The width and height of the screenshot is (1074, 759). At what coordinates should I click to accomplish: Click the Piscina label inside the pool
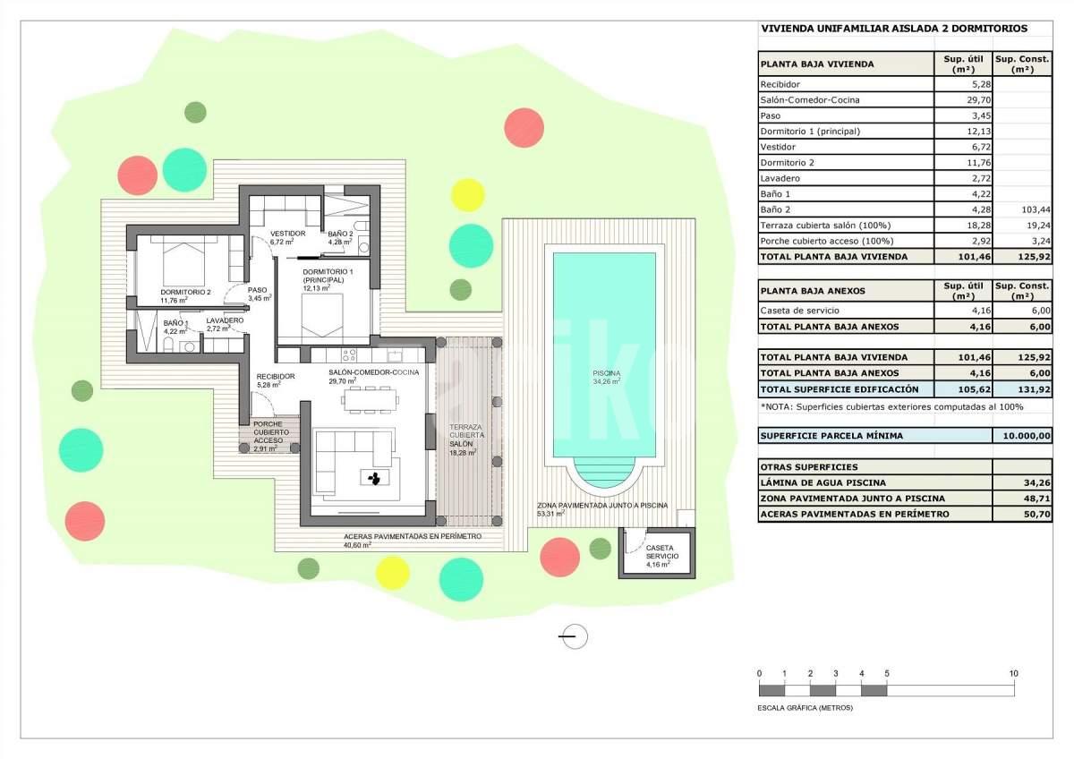coord(607,373)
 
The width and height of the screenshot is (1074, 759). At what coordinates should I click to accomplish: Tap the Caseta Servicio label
coord(662,552)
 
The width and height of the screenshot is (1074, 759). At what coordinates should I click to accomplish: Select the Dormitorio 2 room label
coord(185,292)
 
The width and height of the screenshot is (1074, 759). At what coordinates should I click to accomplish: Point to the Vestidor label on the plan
coord(287,234)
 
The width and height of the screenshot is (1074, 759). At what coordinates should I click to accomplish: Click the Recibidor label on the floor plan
coord(276,377)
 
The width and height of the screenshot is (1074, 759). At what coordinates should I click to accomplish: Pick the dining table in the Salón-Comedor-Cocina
coord(371,399)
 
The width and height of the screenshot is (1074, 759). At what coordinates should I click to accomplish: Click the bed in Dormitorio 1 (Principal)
coord(322,315)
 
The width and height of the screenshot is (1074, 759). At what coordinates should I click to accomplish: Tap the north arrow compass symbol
coord(574,636)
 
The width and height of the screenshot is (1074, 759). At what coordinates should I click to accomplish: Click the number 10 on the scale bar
coord(1013,674)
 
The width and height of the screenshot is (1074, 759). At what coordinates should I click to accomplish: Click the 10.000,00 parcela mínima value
coord(1027,436)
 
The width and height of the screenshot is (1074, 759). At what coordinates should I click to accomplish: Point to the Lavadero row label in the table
coord(780,178)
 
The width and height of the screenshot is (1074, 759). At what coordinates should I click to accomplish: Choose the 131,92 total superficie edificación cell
coord(1035,390)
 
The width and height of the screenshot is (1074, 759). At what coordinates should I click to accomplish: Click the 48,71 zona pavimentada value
coord(1038,499)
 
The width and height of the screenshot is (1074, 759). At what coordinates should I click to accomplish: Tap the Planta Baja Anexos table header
coord(813,291)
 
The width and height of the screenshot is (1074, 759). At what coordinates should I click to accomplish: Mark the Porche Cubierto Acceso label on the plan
coord(268,432)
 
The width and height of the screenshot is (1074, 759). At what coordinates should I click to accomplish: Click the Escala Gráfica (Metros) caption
coord(805,708)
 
